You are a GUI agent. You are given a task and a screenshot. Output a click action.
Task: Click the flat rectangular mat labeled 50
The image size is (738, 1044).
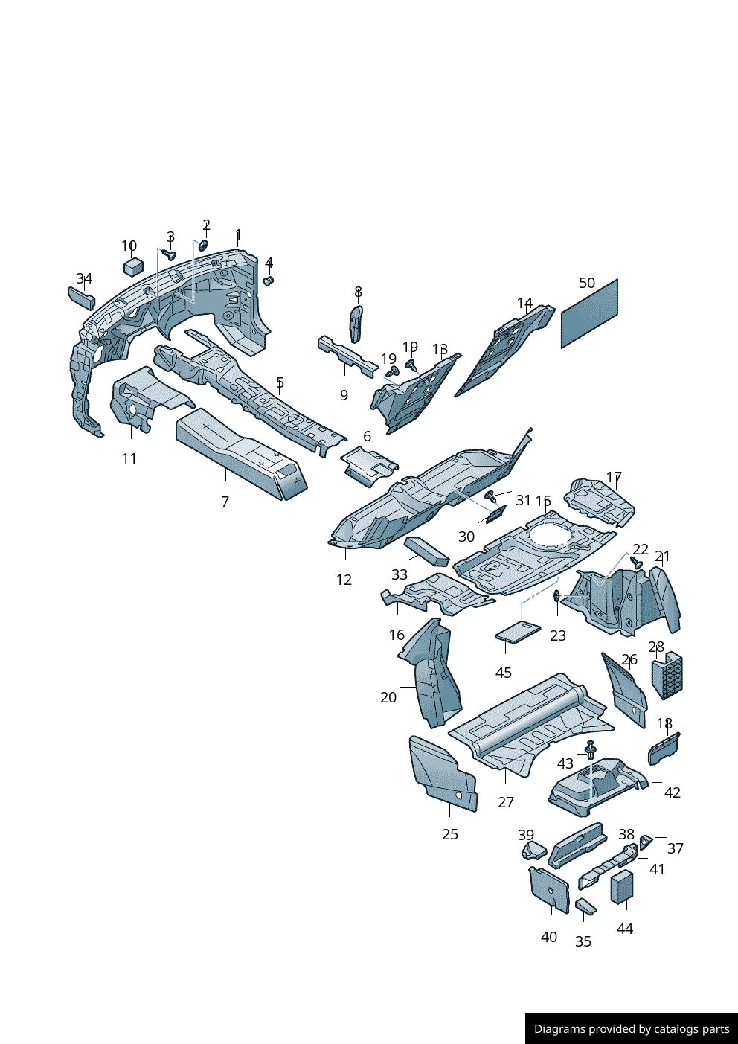589,314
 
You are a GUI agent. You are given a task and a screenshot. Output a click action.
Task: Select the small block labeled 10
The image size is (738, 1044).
133,266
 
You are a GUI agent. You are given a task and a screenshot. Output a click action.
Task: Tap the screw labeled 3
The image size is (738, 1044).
169,254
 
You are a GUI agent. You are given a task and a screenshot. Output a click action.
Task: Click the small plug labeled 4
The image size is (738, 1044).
269,281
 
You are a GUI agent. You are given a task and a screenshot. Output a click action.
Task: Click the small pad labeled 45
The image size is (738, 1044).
518,632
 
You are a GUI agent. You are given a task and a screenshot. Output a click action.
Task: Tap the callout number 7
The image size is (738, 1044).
225,502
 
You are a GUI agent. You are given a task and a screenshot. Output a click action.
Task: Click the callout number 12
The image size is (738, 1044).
344,580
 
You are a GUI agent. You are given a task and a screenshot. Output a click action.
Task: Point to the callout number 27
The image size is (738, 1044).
505,802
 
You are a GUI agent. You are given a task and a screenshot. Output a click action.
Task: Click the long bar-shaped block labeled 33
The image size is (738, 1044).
426,551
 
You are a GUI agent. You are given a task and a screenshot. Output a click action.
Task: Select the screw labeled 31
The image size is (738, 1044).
491,496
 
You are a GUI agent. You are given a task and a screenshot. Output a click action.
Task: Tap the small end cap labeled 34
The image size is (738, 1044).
82,298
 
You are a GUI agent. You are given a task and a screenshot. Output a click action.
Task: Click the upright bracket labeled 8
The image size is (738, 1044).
356,324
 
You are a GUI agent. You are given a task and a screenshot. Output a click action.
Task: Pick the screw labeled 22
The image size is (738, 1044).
636,562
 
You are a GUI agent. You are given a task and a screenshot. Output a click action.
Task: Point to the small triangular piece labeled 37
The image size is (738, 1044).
645,842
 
